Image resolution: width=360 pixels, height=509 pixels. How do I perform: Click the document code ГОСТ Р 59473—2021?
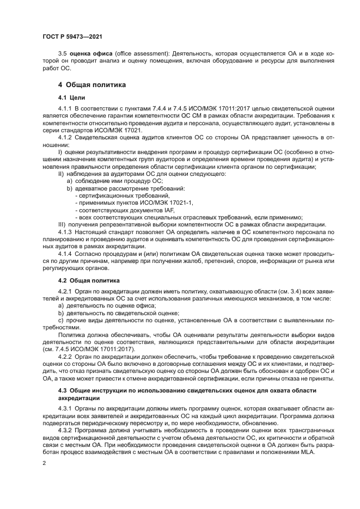[x=72, y=36]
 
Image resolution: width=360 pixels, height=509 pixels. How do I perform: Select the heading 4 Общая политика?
[x=92, y=85]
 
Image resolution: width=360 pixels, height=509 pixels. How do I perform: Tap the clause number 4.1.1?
[x=65, y=109]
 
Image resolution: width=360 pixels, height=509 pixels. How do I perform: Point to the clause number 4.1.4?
[x=65, y=254]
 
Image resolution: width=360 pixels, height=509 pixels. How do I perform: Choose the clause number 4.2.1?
[x=65, y=292]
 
